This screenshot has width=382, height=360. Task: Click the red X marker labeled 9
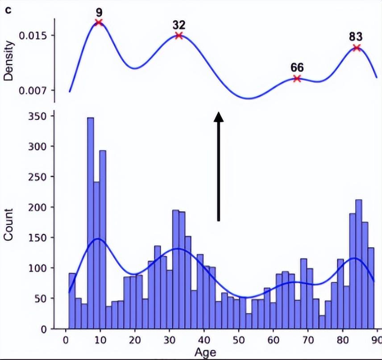click(99, 22)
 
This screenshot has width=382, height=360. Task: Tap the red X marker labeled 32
click(179, 35)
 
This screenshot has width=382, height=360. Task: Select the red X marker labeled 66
click(297, 79)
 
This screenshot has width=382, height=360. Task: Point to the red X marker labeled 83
click(356, 47)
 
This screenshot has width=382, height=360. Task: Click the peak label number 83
click(356, 37)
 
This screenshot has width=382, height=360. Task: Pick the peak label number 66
click(297, 67)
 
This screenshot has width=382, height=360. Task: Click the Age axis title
click(206, 353)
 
